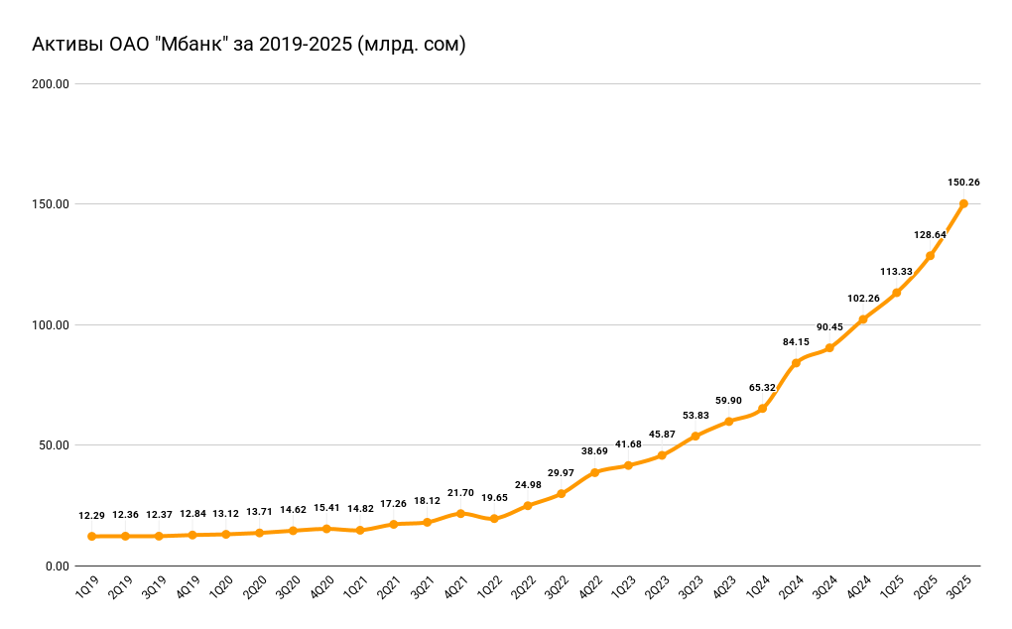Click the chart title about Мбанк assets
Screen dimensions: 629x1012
[x=249, y=45]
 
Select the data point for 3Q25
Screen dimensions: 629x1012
[x=963, y=203]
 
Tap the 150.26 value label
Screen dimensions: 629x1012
[x=963, y=183]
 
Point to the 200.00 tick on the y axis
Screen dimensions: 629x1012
[x=50, y=84]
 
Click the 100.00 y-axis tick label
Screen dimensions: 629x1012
[x=50, y=325]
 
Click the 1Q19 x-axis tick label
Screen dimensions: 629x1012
[x=86, y=588]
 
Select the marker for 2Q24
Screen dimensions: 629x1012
[x=796, y=363]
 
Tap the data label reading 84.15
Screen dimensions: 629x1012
[x=796, y=342]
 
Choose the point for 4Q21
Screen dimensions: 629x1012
[x=460, y=513]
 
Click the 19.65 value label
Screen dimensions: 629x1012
[x=494, y=498]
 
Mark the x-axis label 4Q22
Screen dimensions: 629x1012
[x=589, y=588]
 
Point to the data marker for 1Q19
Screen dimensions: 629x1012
[x=91, y=536]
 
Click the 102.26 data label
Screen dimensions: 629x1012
[x=863, y=299]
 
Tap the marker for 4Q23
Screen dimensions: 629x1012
[x=728, y=422]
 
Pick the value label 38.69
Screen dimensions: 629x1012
[x=594, y=451]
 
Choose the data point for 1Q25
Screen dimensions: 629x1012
[x=896, y=293]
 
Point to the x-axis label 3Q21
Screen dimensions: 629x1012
[x=422, y=588]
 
